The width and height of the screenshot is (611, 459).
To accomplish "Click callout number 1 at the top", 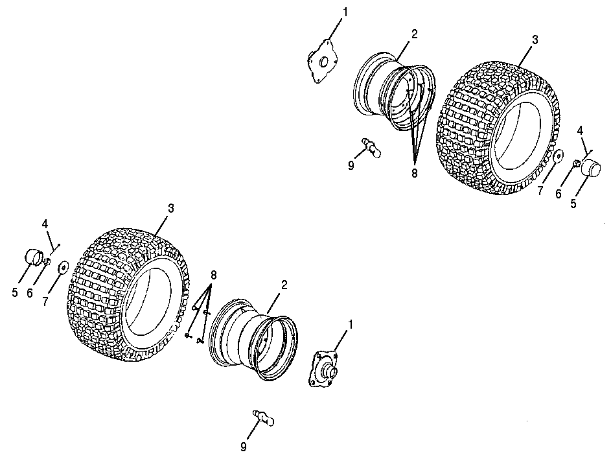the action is click(x=345, y=12).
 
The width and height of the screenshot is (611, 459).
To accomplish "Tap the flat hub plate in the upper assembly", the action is click(x=323, y=62).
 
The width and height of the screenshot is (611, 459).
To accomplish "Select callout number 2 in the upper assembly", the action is click(x=414, y=34).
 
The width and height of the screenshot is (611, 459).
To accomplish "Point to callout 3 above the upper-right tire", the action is click(x=535, y=40).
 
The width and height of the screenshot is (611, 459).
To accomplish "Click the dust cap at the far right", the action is click(x=590, y=168).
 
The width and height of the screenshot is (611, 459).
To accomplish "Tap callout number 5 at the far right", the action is click(x=573, y=203).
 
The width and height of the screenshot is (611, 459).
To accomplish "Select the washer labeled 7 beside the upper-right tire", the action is click(x=558, y=156).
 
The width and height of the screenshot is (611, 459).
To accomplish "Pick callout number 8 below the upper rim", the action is click(x=414, y=172).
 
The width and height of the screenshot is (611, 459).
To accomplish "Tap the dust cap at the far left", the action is click(x=34, y=256).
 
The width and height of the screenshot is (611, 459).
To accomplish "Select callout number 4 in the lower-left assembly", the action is click(x=45, y=224).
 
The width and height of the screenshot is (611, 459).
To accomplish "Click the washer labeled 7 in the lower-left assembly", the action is click(x=62, y=268).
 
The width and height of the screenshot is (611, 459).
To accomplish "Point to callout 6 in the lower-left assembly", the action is click(x=30, y=293).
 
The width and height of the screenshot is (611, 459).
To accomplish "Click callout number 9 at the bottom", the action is click(x=243, y=447).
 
